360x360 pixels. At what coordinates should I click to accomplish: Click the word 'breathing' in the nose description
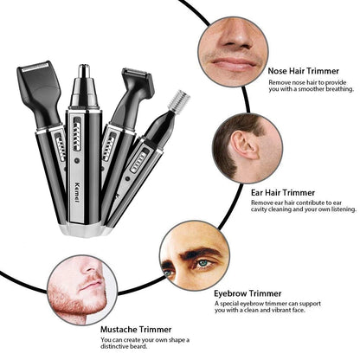point(333,89)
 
